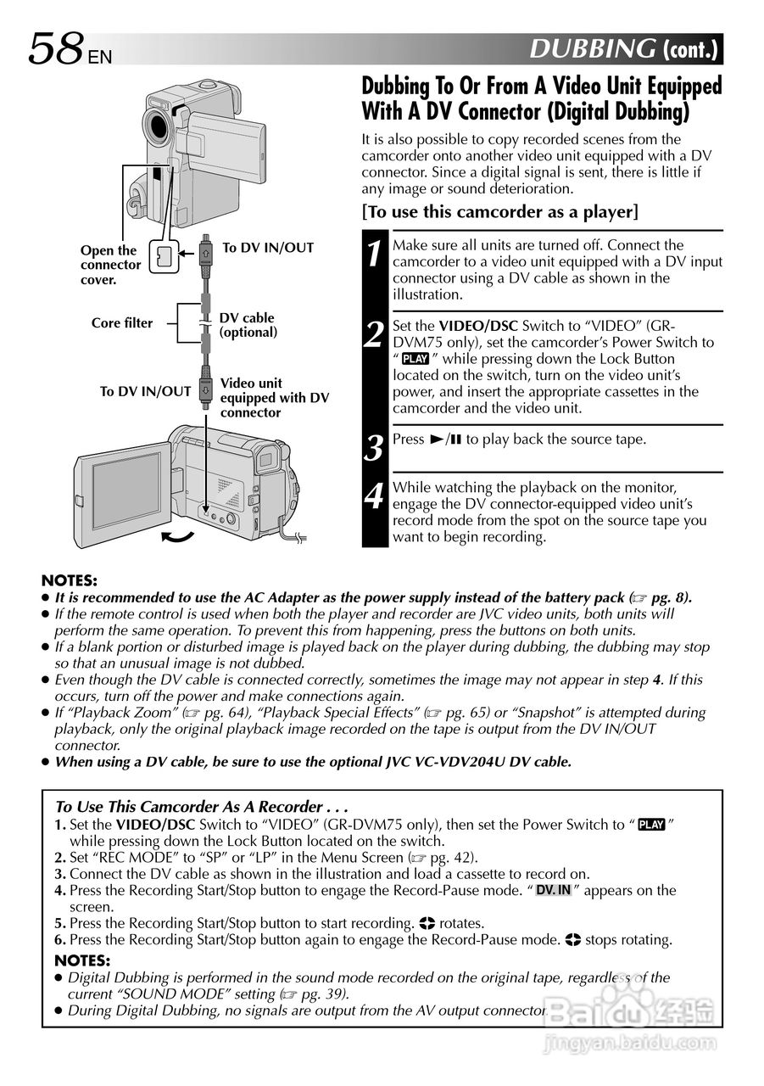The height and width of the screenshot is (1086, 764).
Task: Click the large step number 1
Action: pyautogui.click(x=375, y=254)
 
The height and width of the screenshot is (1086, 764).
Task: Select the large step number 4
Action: pyautogui.click(x=375, y=495)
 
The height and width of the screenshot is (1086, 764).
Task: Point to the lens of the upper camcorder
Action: pyautogui.click(x=159, y=124)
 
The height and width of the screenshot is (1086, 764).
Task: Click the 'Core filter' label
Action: pyautogui.click(x=122, y=323)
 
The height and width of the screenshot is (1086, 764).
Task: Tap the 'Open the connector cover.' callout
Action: pyautogui.click(x=110, y=265)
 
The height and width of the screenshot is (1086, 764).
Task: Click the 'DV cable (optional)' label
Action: pyautogui.click(x=248, y=325)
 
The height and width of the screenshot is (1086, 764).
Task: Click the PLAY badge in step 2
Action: pyautogui.click(x=415, y=359)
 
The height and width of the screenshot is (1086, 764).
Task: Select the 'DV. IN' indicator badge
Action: pyautogui.click(x=554, y=890)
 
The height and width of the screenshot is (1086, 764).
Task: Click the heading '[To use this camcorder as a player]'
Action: pyautogui.click(x=500, y=211)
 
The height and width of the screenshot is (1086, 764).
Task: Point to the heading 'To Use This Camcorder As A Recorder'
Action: pyautogui.click(x=201, y=807)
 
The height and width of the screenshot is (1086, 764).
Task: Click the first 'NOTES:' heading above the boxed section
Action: pyautogui.click(x=70, y=581)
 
